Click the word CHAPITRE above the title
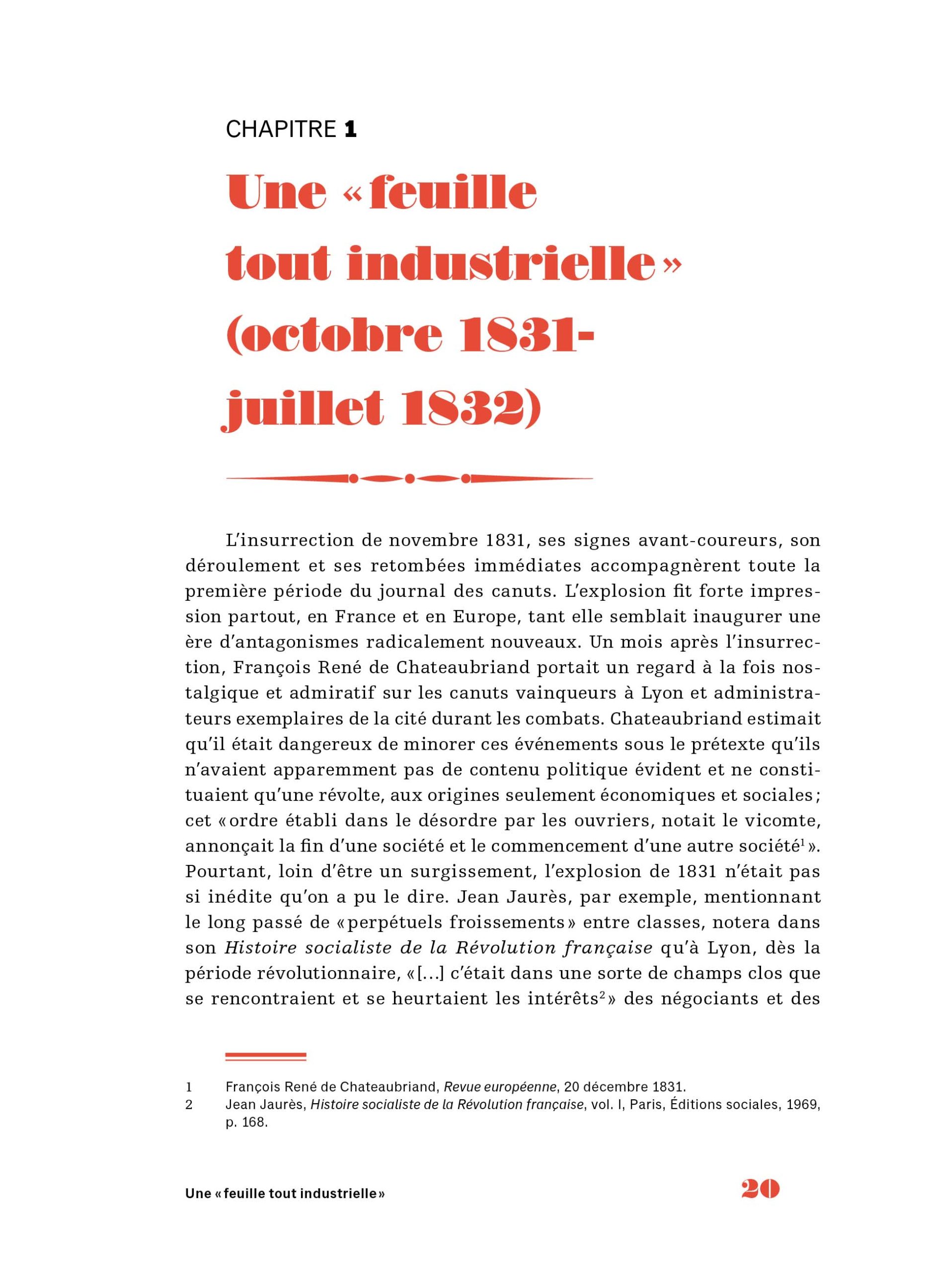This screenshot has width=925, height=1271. coord(280,130)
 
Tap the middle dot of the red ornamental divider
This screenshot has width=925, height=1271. coord(409,479)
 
